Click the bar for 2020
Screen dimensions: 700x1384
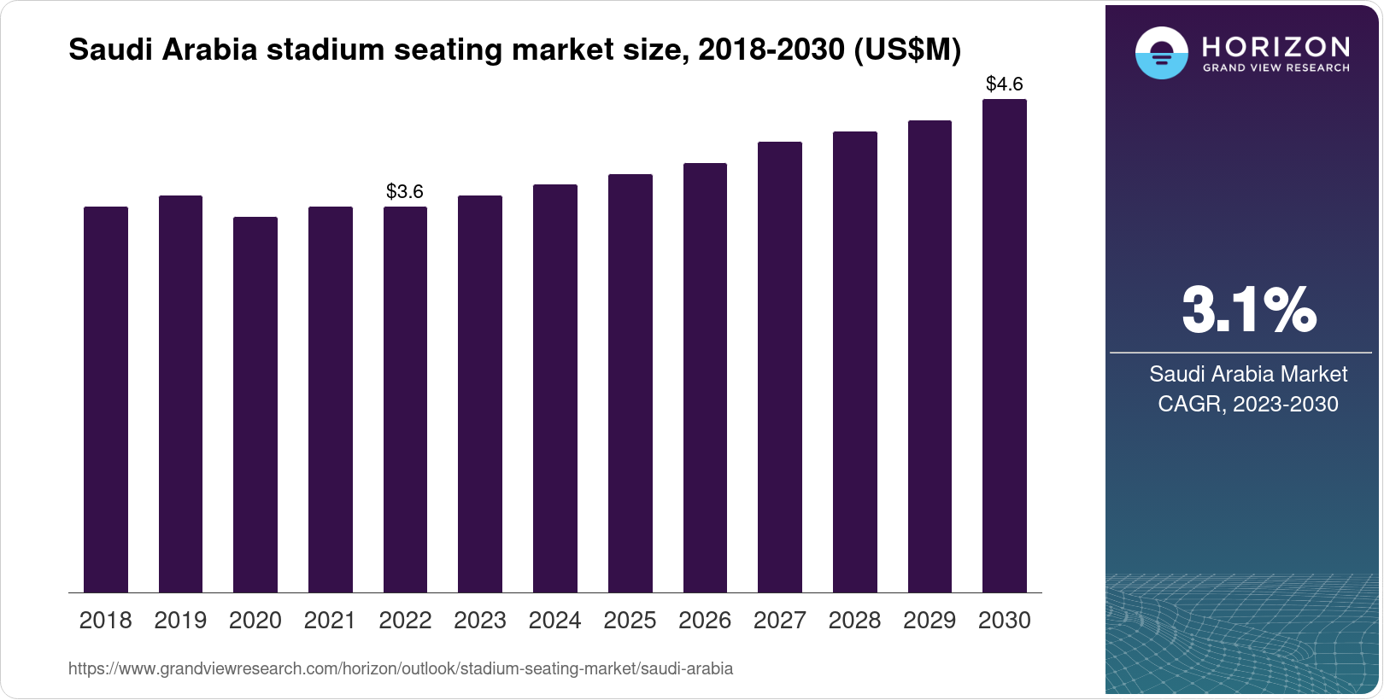pyautogui.click(x=255, y=405)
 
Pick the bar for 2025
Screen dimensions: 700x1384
pyautogui.click(x=630, y=383)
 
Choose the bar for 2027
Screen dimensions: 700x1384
pyautogui.click(x=780, y=367)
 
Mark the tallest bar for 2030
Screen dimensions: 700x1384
pyautogui.click(x=1005, y=346)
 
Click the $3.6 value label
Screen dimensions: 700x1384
pyautogui.click(x=405, y=191)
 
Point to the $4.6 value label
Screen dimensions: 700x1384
pyautogui.click(x=1005, y=84)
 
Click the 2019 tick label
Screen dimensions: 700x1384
pyautogui.click(x=180, y=621)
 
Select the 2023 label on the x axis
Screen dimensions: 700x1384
pyautogui.click(x=480, y=621)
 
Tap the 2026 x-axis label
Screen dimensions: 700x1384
pyautogui.click(x=705, y=621)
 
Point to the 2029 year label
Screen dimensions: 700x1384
pyautogui.click(x=930, y=621)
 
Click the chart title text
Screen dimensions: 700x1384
pyautogui.click(x=514, y=50)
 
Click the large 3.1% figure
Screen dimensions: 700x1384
pyautogui.click(x=1248, y=310)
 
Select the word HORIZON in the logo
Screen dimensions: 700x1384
pyautogui.click(x=1276, y=46)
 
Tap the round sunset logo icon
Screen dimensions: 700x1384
pyautogui.click(x=1161, y=53)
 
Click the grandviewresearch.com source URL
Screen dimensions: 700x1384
pyautogui.click(x=401, y=668)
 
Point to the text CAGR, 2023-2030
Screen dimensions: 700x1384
pyautogui.click(x=1248, y=404)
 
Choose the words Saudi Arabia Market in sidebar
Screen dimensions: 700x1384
pyautogui.click(x=1248, y=374)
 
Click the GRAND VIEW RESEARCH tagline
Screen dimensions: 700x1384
pyautogui.click(x=1276, y=68)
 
